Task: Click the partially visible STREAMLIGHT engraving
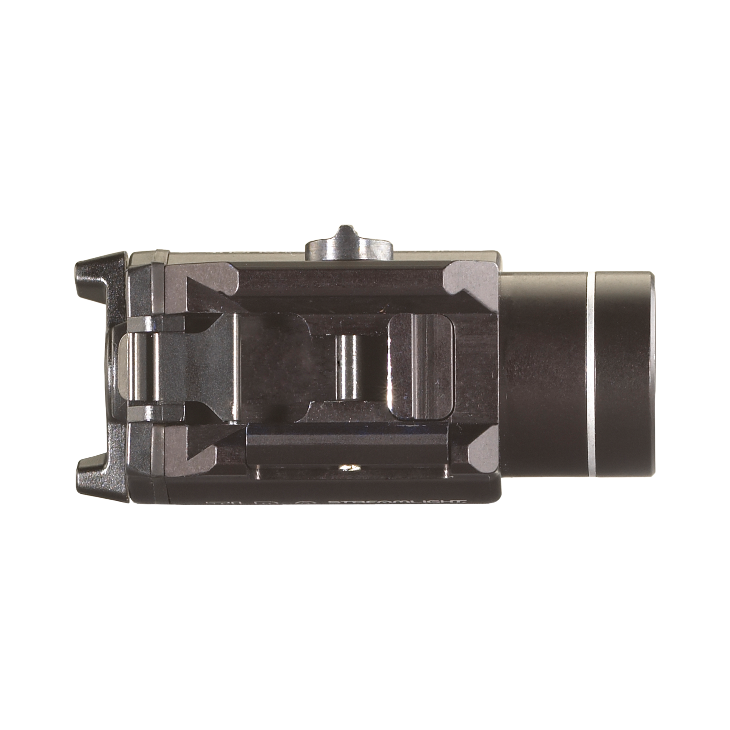[393, 502]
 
